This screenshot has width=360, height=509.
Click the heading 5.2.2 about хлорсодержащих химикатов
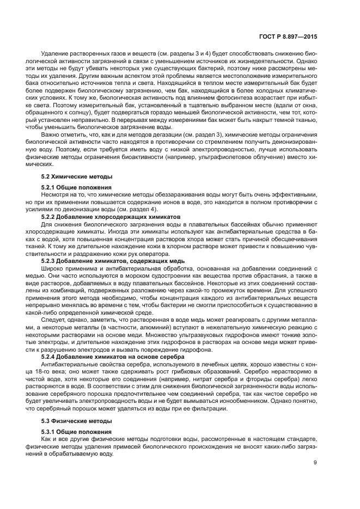point(113,216)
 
